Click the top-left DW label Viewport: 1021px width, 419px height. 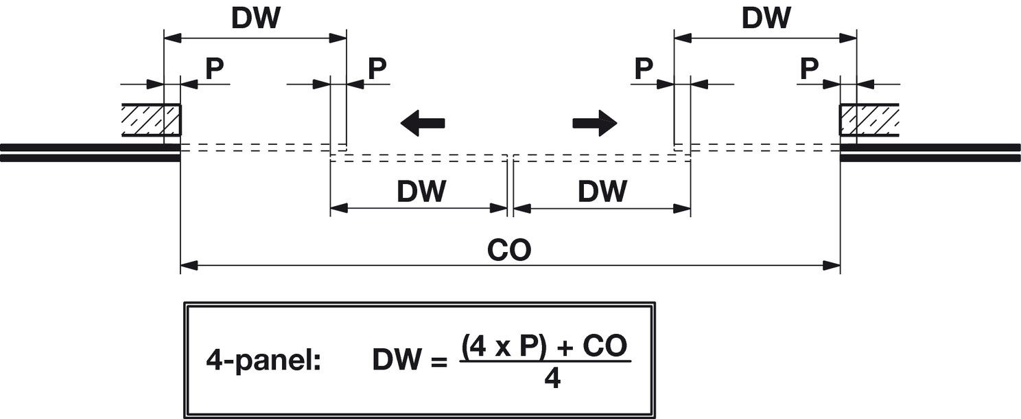(x=255, y=19)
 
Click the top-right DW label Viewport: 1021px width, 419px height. (x=766, y=19)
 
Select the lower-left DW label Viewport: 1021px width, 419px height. (x=421, y=192)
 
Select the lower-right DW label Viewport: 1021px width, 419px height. (x=602, y=192)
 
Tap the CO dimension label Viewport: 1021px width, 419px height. (x=509, y=251)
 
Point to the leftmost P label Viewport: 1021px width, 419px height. (x=214, y=69)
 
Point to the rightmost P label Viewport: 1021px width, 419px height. (x=810, y=69)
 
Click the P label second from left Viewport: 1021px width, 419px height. (x=377, y=69)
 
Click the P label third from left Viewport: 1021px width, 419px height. (x=643, y=69)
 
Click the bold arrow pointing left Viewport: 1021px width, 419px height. (x=423, y=123)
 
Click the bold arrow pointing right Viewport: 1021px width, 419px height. (x=595, y=123)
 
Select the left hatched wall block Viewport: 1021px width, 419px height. (x=152, y=120)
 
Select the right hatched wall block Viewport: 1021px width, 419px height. (x=869, y=120)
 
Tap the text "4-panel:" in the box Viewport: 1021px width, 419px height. (x=263, y=361)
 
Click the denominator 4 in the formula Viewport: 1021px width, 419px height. (x=552, y=378)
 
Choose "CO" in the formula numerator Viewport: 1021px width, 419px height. (x=604, y=348)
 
